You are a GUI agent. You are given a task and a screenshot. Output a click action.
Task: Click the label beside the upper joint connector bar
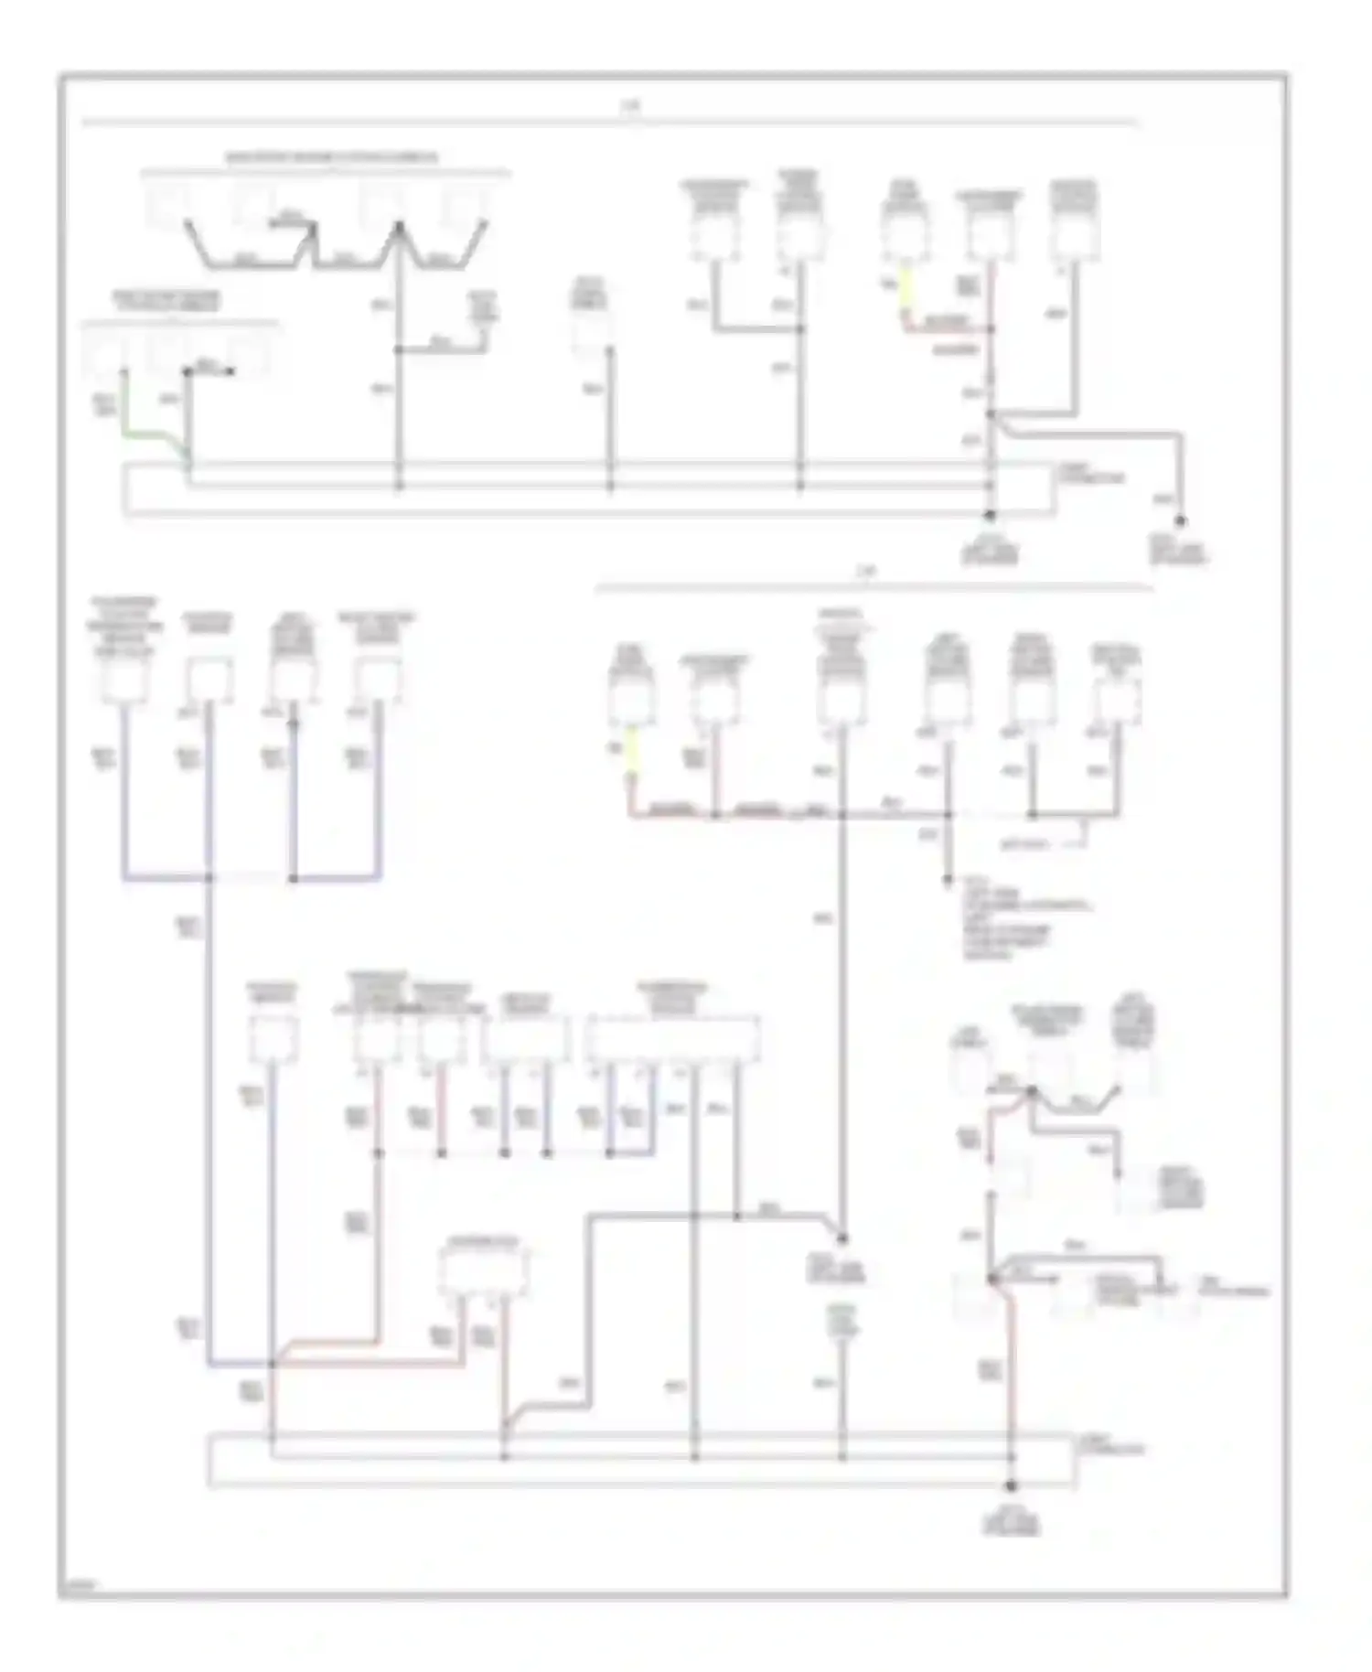tap(1091, 473)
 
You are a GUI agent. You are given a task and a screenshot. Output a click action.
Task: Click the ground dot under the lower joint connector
tap(1011, 1485)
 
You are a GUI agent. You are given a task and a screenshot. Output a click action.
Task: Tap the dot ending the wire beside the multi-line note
tap(948, 882)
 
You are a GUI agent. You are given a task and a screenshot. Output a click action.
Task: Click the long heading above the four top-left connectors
tap(331, 157)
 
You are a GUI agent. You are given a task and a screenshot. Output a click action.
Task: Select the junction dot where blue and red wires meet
tap(273, 1364)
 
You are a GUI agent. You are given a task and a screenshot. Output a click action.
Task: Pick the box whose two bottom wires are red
tap(484, 1270)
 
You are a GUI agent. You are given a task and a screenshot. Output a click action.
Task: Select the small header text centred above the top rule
tap(630, 106)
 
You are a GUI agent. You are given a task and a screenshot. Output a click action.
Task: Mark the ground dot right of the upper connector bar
tap(1180, 520)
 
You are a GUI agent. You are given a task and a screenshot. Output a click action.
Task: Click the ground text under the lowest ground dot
tap(1011, 1522)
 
